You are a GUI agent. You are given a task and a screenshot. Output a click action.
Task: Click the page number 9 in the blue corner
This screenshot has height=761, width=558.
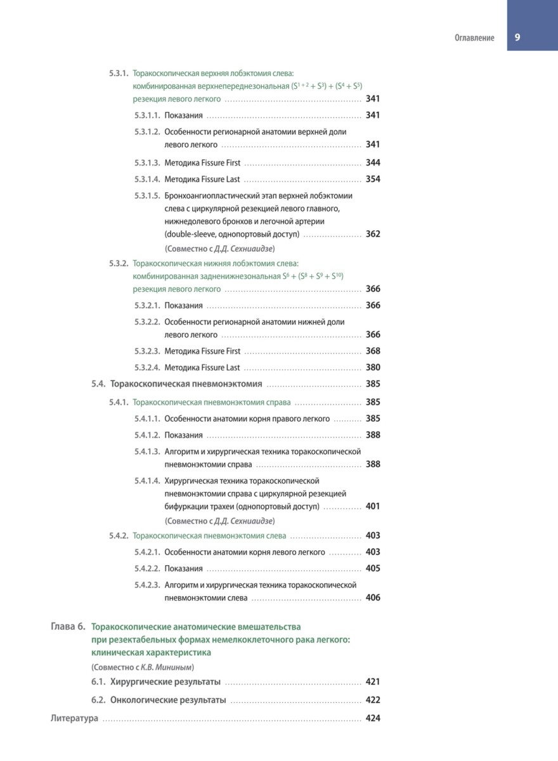click(517, 37)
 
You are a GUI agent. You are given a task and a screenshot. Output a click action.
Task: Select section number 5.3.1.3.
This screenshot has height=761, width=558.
click(147, 163)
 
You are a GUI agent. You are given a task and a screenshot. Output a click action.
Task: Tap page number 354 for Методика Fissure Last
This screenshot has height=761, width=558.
click(373, 179)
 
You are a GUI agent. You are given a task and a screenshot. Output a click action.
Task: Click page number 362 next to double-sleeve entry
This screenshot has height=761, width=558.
click(373, 234)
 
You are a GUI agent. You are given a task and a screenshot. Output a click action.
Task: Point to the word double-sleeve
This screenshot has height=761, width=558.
click(188, 234)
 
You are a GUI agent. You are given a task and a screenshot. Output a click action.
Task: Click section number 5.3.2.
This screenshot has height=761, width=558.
click(119, 263)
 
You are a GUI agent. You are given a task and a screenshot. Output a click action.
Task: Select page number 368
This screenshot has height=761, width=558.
click(373, 351)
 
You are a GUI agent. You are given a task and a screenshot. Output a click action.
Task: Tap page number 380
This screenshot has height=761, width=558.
click(373, 367)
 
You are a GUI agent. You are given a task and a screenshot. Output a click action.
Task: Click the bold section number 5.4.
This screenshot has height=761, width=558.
click(98, 384)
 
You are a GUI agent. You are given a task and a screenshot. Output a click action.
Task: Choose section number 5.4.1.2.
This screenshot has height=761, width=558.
click(147, 435)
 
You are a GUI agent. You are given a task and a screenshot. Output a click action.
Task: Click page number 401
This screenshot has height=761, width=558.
click(373, 507)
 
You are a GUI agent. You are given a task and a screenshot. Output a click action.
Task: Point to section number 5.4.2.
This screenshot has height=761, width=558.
click(119, 536)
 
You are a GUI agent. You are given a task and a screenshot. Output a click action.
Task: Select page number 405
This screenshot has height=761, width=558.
click(373, 568)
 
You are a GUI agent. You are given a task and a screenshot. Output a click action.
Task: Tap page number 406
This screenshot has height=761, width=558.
click(373, 597)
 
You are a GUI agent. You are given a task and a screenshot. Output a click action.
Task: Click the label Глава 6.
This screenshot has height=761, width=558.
click(68, 627)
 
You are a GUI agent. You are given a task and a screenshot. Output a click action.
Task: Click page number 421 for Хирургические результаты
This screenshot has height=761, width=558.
click(373, 682)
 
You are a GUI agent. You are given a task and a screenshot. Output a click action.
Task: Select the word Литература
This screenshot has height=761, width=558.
click(74, 719)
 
